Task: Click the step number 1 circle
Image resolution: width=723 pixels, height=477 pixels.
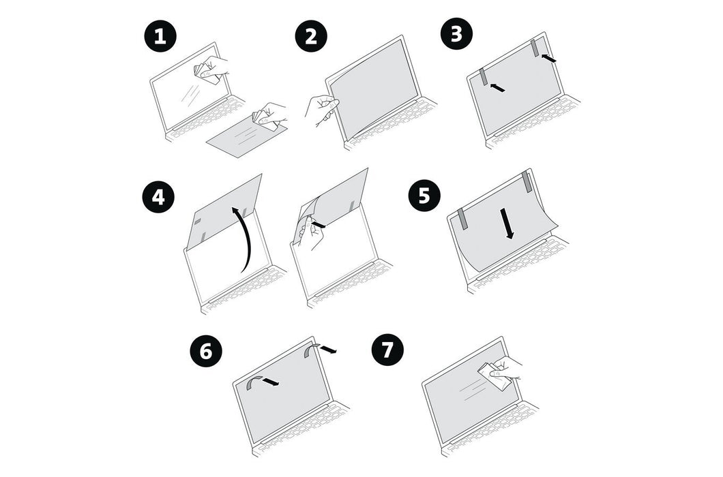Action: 160,36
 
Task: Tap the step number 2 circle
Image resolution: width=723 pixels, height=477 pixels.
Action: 311,36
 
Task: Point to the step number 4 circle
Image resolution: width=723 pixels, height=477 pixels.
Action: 158,198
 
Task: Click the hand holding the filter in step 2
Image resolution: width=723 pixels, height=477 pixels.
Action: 321,108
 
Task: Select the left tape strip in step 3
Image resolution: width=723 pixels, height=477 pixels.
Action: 484,76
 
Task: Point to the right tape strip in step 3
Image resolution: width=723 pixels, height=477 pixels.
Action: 535,48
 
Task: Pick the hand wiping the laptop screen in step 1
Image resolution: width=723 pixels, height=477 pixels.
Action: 211,70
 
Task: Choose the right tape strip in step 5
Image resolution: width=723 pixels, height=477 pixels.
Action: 527,181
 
